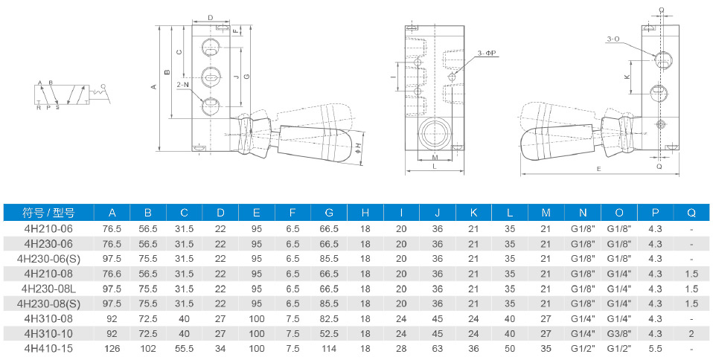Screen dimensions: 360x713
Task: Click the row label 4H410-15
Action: click(x=48, y=347)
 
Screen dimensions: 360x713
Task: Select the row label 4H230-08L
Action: click(x=48, y=288)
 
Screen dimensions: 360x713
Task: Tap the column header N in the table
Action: click(x=582, y=213)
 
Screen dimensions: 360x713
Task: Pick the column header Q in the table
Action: click(x=691, y=213)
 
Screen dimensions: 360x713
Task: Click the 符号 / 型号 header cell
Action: click(x=48, y=213)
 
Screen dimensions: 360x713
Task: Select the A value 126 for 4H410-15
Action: click(x=112, y=347)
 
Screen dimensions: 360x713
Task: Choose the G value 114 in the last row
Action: click(x=329, y=347)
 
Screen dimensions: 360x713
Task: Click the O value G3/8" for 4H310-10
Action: click(x=618, y=332)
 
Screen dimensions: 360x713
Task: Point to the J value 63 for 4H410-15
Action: click(x=438, y=347)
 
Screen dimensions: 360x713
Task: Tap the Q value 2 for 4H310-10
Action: click(x=691, y=332)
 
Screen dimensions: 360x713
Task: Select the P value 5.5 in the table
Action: click(x=655, y=347)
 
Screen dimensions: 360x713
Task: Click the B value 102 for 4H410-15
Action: click(x=148, y=347)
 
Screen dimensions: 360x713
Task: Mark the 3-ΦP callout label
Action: click(x=487, y=53)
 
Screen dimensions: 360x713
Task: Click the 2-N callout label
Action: click(x=183, y=85)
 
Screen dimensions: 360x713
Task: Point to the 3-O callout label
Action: click(x=613, y=39)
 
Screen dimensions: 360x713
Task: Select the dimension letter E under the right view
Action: click(x=598, y=170)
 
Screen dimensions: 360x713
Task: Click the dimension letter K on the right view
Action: click(x=627, y=76)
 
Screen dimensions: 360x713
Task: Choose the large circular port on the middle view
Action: click(x=434, y=134)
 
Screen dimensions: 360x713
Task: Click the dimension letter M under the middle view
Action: click(x=434, y=158)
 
